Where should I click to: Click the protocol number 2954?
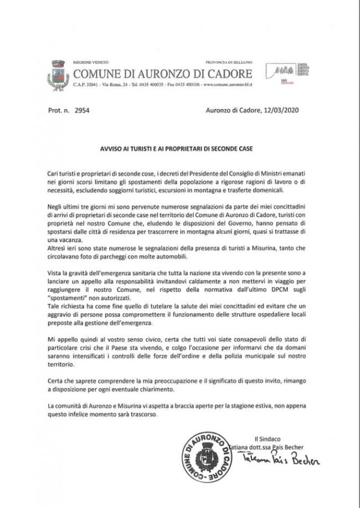coord(81,110)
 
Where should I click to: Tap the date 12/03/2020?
coord(281,110)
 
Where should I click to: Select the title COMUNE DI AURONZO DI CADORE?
coord(163,74)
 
